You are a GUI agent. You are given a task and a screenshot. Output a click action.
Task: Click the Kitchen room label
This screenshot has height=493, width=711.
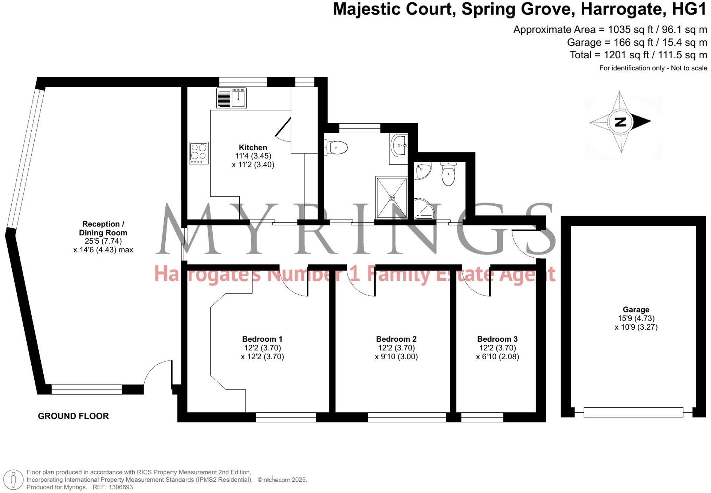tap(253, 147)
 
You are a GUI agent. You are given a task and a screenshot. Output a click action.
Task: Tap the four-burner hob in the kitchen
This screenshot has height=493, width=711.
tap(199, 153)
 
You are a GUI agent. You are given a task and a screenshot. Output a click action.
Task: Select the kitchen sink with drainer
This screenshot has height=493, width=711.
tap(232, 98)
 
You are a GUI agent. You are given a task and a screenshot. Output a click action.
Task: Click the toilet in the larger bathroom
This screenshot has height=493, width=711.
tap(337, 148)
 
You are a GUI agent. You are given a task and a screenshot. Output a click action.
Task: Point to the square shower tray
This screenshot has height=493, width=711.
tap(392, 198)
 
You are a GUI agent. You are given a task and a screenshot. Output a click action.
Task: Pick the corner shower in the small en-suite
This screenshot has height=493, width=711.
tap(424, 209)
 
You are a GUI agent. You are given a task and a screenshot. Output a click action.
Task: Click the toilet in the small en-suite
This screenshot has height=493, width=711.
tap(448, 174)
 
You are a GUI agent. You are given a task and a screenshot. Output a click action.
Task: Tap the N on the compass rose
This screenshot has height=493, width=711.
tap(620, 121)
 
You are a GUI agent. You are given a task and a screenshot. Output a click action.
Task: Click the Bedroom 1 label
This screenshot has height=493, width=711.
tap(262, 339)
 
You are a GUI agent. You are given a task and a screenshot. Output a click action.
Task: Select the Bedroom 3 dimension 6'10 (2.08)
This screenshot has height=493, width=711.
tap(498, 357)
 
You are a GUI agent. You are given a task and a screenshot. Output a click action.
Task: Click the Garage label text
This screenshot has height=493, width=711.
tap(636, 310)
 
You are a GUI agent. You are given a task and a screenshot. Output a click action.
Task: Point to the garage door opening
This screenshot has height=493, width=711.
tap(633, 412)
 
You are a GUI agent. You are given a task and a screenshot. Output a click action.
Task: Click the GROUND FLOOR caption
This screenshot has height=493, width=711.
tap(73, 416)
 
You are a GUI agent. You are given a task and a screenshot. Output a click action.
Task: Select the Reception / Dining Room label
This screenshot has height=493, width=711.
tap(103, 228)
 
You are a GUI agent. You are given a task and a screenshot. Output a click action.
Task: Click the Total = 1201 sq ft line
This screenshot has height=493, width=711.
tap(638, 55)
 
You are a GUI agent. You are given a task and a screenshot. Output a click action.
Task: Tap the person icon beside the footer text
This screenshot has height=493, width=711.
tap(13, 480)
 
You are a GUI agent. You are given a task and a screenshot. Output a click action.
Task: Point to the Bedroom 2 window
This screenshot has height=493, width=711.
tap(407, 417)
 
